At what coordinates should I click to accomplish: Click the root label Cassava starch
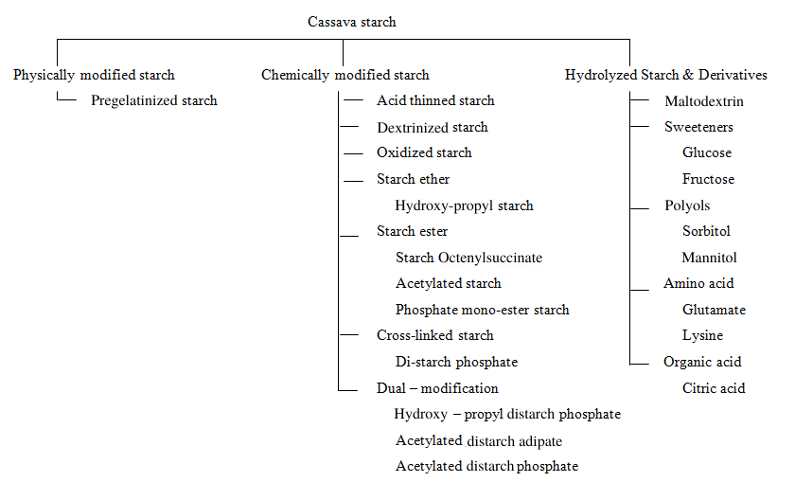351,22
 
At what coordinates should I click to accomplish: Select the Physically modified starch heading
94,75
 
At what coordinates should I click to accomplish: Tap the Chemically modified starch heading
345,75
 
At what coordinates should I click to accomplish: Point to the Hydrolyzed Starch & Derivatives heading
665,75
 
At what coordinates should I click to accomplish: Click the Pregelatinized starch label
154,101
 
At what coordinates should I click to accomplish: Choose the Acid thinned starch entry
435,100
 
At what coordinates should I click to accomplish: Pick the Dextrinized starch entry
433,127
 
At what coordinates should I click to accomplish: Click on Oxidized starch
424,152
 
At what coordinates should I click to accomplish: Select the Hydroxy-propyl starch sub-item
465,206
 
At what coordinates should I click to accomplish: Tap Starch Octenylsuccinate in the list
469,258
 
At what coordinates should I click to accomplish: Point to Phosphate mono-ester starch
482,310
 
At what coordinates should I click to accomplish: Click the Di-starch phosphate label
457,362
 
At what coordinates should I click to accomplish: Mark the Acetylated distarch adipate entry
479,441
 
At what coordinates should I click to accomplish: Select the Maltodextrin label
704,101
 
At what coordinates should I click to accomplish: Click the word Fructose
708,179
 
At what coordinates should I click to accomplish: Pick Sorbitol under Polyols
706,231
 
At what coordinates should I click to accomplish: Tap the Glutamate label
714,310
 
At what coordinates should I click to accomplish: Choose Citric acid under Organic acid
714,388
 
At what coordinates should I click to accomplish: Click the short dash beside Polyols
640,208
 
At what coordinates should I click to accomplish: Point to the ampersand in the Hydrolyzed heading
688,75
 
